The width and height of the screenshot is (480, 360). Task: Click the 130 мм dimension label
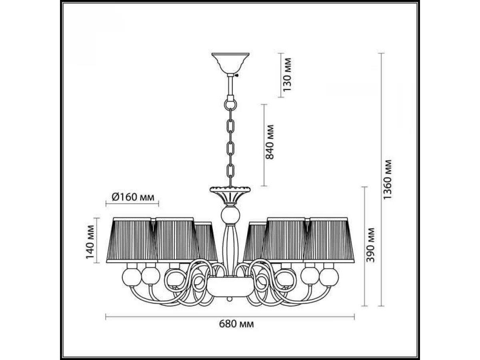click(287, 74)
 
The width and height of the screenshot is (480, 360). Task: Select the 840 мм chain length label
click(269, 142)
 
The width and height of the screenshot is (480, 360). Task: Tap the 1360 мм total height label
click(387, 180)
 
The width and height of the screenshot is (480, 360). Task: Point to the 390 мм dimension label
click(370, 245)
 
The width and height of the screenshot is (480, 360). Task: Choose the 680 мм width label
click(236, 324)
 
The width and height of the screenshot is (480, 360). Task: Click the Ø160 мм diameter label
click(133, 197)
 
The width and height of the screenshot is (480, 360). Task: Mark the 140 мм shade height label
click(90, 242)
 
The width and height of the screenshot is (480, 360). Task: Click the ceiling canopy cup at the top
click(230, 63)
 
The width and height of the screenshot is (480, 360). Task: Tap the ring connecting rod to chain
click(230, 105)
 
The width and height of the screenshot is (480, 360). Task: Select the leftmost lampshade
click(132, 240)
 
